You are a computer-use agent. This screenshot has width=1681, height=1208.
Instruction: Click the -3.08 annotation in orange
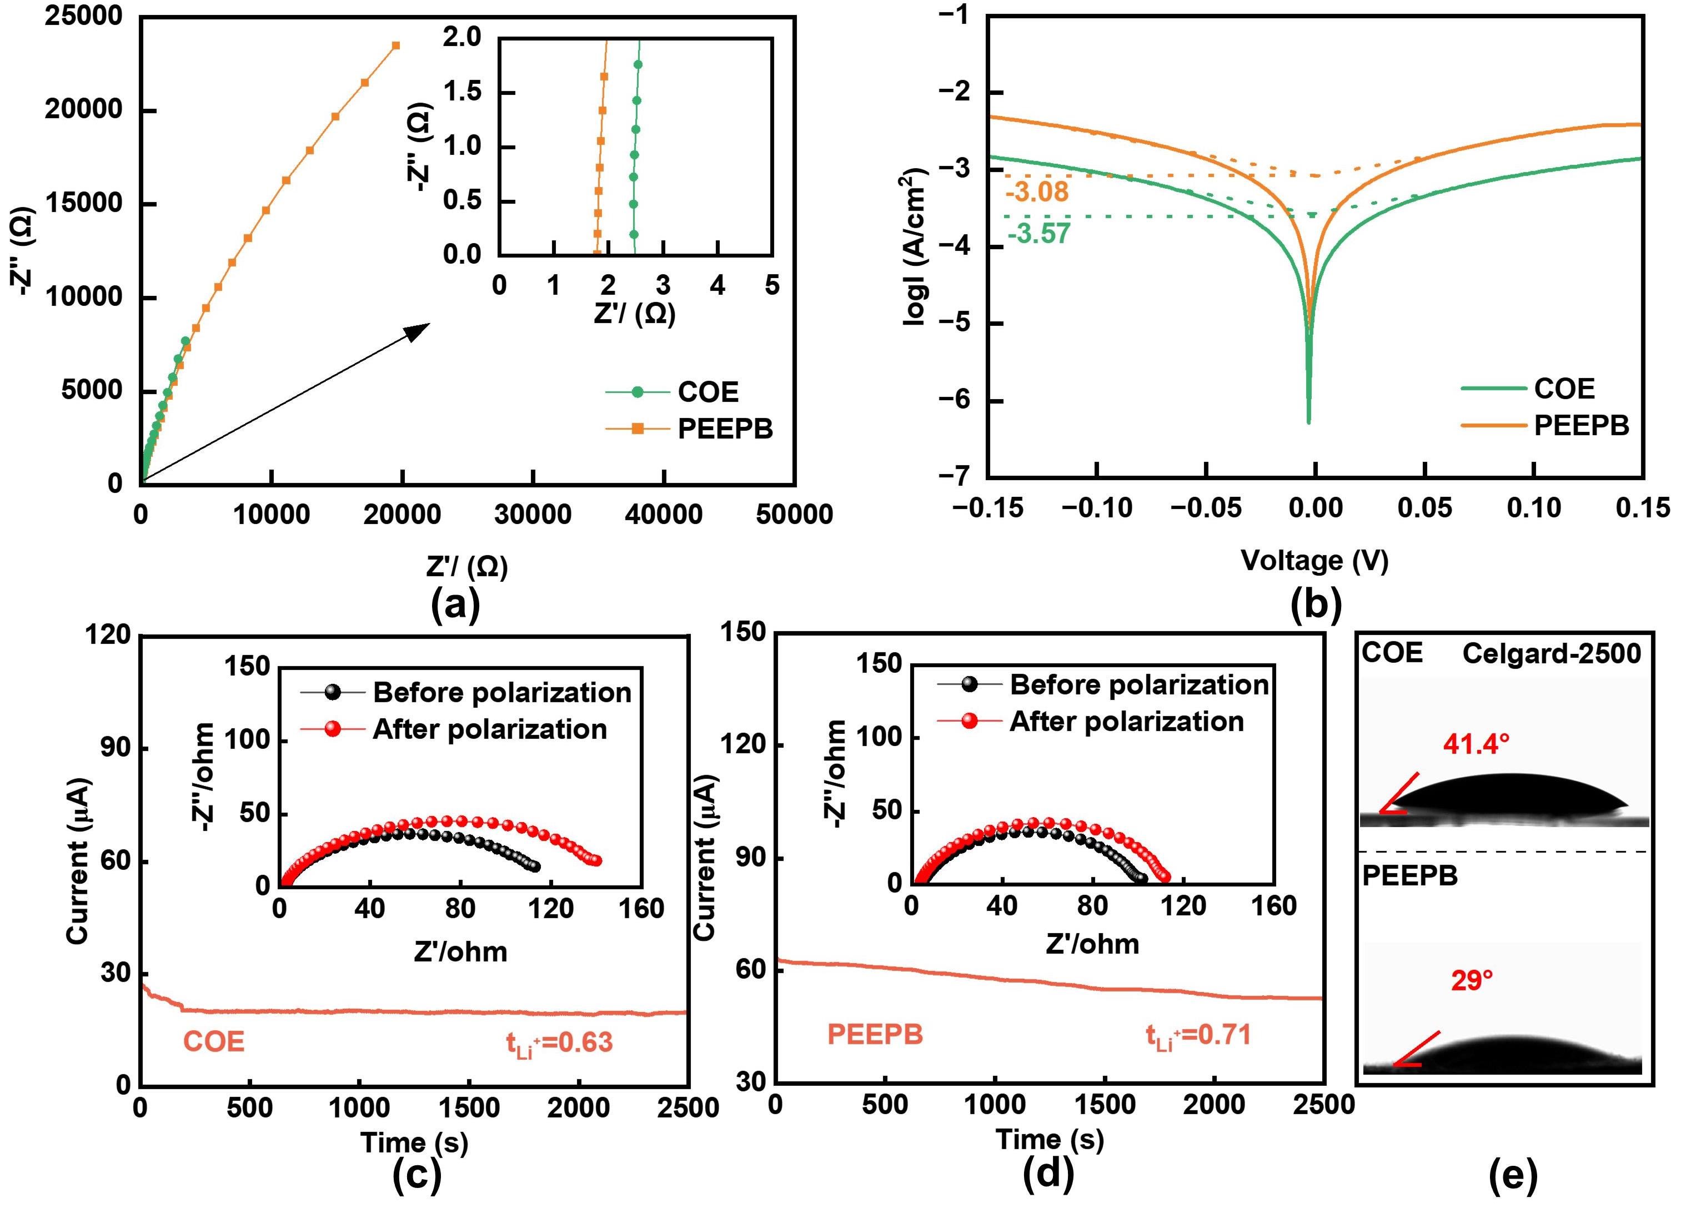coord(1037,193)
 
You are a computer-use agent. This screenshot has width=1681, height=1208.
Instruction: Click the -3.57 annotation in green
coord(1038,234)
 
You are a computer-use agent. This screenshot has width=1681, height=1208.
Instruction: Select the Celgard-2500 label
coord(1551,653)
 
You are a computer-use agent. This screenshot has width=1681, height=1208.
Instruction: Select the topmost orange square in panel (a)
coord(396,45)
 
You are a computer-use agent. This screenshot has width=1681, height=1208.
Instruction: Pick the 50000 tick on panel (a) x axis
coord(795,514)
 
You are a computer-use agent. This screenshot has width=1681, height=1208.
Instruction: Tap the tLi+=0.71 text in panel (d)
coord(1198,1035)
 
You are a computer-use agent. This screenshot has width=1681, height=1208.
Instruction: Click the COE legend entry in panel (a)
coord(708,392)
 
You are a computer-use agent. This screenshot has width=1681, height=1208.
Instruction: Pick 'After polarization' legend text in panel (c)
coord(489,729)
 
